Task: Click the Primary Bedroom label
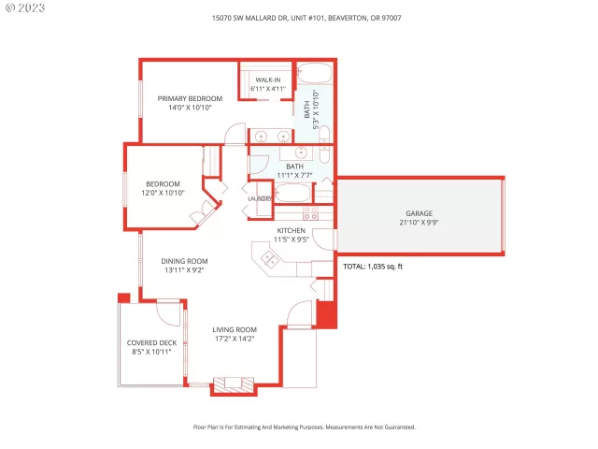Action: (190, 98)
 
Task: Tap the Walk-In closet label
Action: (269, 80)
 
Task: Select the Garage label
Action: (419, 213)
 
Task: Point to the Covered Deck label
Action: (151, 342)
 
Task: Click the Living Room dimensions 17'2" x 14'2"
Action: (234, 339)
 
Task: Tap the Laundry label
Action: (260, 198)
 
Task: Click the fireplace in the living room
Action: (232, 384)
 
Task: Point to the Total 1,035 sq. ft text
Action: (372, 267)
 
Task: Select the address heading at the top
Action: (299, 18)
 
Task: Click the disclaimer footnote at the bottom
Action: (304, 427)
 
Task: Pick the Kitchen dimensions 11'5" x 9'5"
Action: (291, 239)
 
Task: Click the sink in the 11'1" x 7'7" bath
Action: (302, 152)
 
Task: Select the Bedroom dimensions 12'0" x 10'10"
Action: (163, 193)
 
